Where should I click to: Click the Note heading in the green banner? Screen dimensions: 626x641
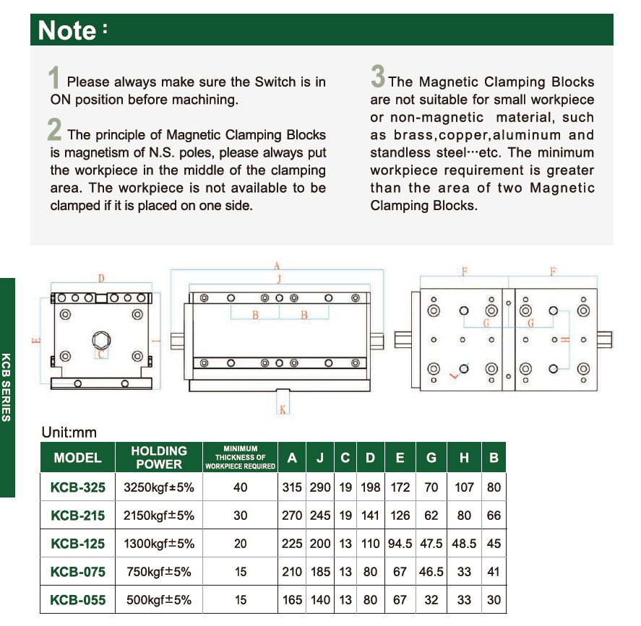tap(67, 30)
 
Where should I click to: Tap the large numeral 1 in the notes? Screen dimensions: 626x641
tap(54, 78)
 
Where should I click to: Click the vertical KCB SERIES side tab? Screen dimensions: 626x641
tap(7, 387)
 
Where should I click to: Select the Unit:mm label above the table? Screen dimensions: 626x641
tap(69, 432)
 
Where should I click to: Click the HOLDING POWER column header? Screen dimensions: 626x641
tap(159, 457)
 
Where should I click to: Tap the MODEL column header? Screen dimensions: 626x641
tap(78, 458)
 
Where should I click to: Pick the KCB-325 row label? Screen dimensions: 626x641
tap(78, 487)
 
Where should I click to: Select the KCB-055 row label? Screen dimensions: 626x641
tap(78, 600)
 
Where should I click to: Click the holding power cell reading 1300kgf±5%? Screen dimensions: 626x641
tap(159, 544)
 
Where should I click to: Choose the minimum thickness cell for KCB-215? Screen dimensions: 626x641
tap(241, 516)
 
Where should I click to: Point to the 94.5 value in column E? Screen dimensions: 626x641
tap(400, 544)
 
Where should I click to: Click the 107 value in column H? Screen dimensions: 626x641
tap(464, 487)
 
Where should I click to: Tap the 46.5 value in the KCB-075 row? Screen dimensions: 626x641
tap(431, 572)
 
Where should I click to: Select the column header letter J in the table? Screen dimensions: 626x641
tap(320, 458)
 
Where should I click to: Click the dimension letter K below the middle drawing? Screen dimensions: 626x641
tap(283, 410)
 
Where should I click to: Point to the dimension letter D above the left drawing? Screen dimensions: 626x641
tap(101, 278)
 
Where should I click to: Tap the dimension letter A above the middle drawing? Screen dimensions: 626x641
tap(276, 266)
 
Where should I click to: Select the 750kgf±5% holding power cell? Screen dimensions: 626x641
tap(159, 572)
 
